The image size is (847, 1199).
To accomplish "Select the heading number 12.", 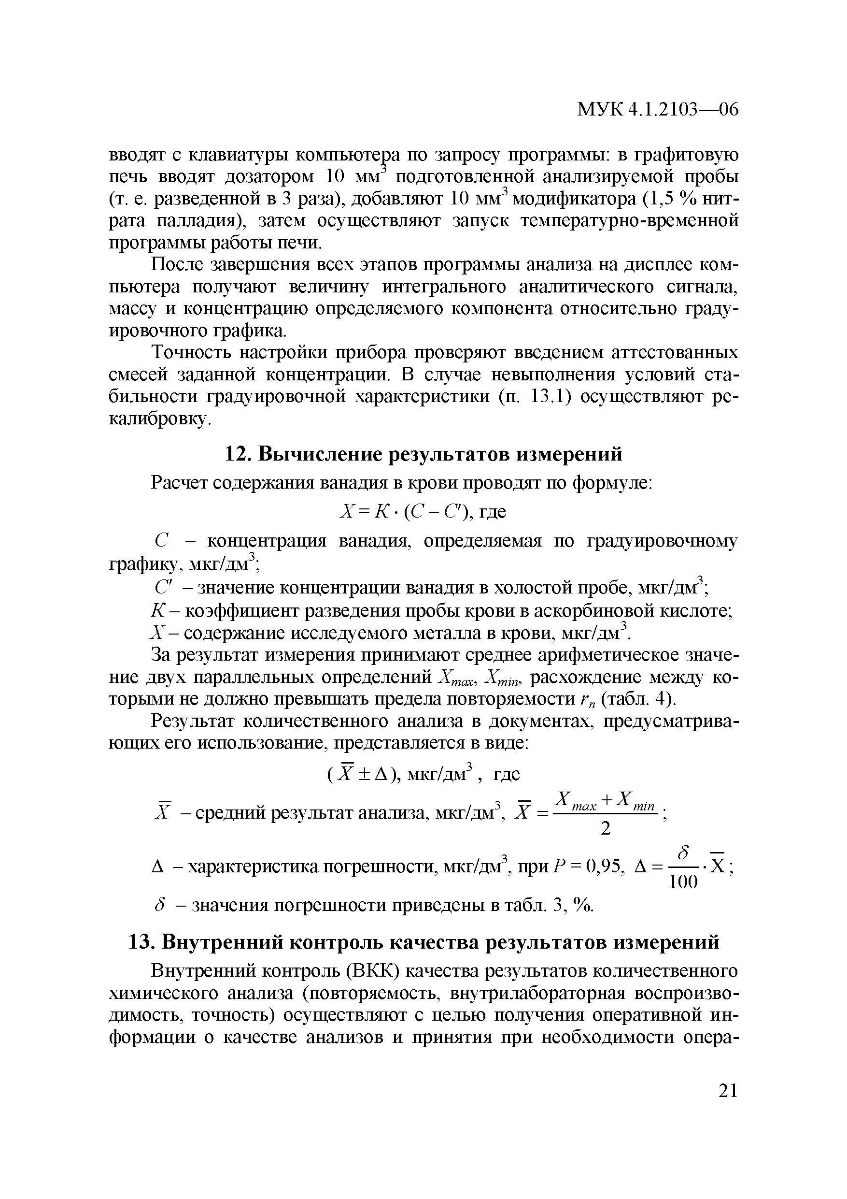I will (x=235, y=454).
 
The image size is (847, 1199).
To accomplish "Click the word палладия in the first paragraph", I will (x=197, y=221).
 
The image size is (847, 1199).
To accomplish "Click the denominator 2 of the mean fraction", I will (x=606, y=829).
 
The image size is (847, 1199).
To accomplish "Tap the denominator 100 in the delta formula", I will (x=683, y=882).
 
